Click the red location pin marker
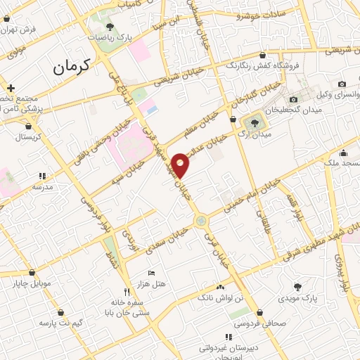[x=181, y=165]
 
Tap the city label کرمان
[x=72, y=68]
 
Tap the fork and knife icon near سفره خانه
[x=127, y=291]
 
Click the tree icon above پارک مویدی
[x=297, y=287]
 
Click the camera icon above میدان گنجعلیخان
[x=293, y=100]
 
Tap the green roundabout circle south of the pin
[x=202, y=221]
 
